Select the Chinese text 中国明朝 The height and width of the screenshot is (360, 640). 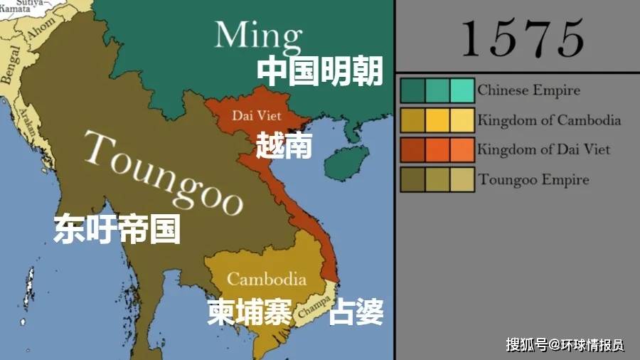click(x=319, y=71)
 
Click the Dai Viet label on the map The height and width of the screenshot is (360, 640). click(x=257, y=115)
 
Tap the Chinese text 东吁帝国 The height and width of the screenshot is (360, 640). click(x=117, y=230)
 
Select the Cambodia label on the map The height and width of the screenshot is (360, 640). click(x=267, y=279)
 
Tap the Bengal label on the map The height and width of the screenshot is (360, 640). click(x=11, y=68)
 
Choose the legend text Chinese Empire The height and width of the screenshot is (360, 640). click(x=528, y=90)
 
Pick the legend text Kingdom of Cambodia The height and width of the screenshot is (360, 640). click(x=549, y=120)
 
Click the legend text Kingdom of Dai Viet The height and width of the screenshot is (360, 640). click(x=544, y=149)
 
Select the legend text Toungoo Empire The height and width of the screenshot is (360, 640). click(x=533, y=179)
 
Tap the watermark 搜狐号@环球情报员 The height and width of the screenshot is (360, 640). click(x=565, y=345)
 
